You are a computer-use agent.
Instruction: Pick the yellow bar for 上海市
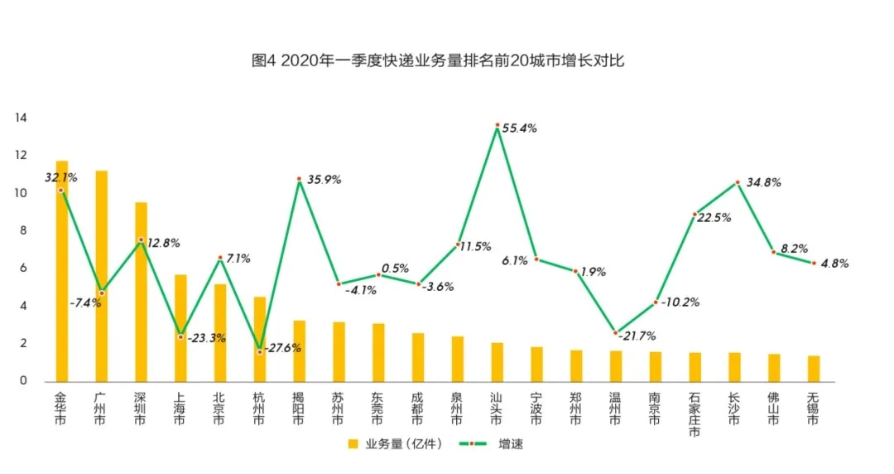point(180,328)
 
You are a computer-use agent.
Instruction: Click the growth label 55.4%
point(520,128)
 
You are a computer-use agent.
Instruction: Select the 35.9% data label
point(324,179)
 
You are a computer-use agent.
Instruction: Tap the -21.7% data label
point(637,336)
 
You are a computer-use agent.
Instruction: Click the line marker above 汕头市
point(497,125)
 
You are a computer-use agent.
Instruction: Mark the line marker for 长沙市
point(735,182)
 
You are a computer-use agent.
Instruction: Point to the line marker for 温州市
point(616,333)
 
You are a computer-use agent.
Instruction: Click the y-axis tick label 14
point(21,118)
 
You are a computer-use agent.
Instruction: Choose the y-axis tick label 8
point(23,231)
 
